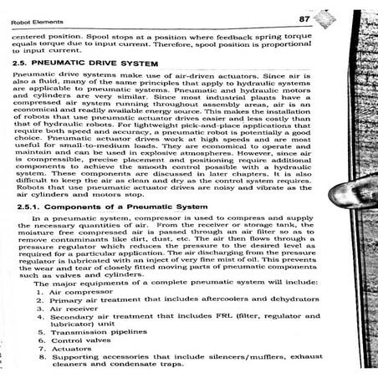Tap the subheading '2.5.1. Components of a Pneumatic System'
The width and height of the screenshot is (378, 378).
tap(110, 205)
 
